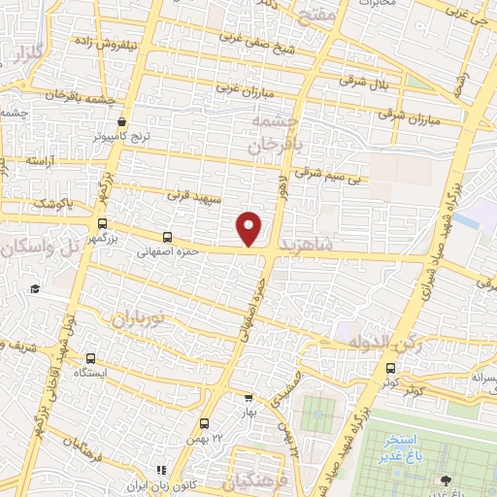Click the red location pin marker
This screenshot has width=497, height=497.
click(x=250, y=228)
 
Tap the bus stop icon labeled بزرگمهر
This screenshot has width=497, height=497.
click(x=103, y=223)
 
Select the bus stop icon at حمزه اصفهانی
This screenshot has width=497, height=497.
click(x=168, y=237)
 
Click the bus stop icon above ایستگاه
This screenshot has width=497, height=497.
click(x=91, y=358)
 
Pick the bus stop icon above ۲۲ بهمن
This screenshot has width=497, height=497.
click(x=204, y=423)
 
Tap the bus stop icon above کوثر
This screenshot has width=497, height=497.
click(x=390, y=368)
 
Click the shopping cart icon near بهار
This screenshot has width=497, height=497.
click(x=249, y=397)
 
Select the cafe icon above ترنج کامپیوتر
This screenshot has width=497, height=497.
click(x=121, y=122)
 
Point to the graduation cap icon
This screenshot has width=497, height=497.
click(x=35, y=288)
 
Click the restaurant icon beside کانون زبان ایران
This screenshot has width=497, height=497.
click(x=161, y=470)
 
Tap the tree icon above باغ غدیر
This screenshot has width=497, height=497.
click(x=446, y=480)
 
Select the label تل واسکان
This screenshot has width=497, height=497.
click(x=39, y=249)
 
